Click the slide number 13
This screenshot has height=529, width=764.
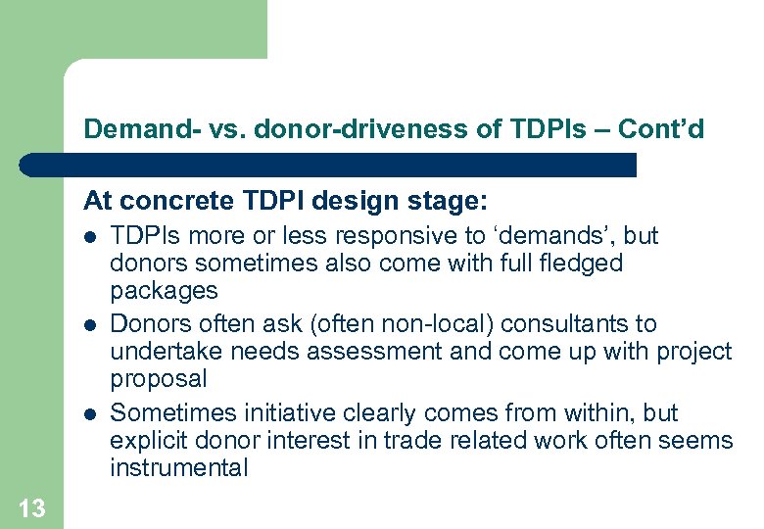(31, 507)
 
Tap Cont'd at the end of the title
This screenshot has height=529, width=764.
(663, 128)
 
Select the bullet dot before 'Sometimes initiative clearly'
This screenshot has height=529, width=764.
(90, 413)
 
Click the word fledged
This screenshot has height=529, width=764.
(585, 264)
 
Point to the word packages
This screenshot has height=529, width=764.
(164, 292)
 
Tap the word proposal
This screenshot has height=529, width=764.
(159, 379)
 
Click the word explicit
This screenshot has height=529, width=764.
(145, 441)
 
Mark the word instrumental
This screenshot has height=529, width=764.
(178, 468)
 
